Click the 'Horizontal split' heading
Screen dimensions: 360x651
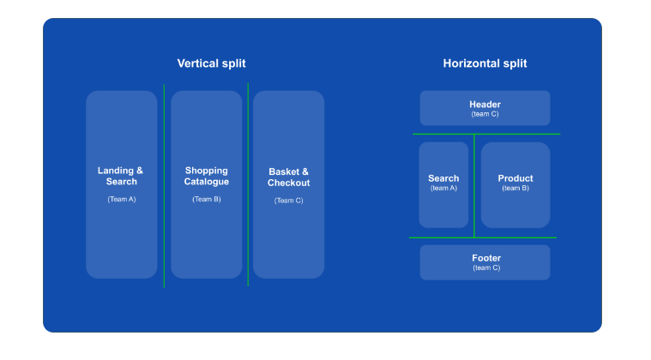[x=485, y=63]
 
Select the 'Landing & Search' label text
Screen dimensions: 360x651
[x=121, y=176]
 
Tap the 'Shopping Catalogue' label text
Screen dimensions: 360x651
[x=206, y=176]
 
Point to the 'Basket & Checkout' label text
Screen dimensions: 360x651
[x=288, y=177]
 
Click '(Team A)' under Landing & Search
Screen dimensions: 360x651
[x=121, y=199]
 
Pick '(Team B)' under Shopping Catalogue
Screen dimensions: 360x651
[x=206, y=199]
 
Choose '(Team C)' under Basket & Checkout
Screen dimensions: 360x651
[x=288, y=201]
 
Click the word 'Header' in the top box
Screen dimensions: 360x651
[x=485, y=105]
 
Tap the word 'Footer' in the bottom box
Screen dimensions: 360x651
[x=485, y=258]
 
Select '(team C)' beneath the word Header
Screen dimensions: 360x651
[x=485, y=114]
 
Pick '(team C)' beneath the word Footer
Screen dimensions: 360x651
[x=485, y=267]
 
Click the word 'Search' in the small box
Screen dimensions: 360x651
[x=443, y=178]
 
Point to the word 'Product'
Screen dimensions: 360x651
[x=515, y=178]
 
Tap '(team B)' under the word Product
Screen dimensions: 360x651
[x=515, y=188]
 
